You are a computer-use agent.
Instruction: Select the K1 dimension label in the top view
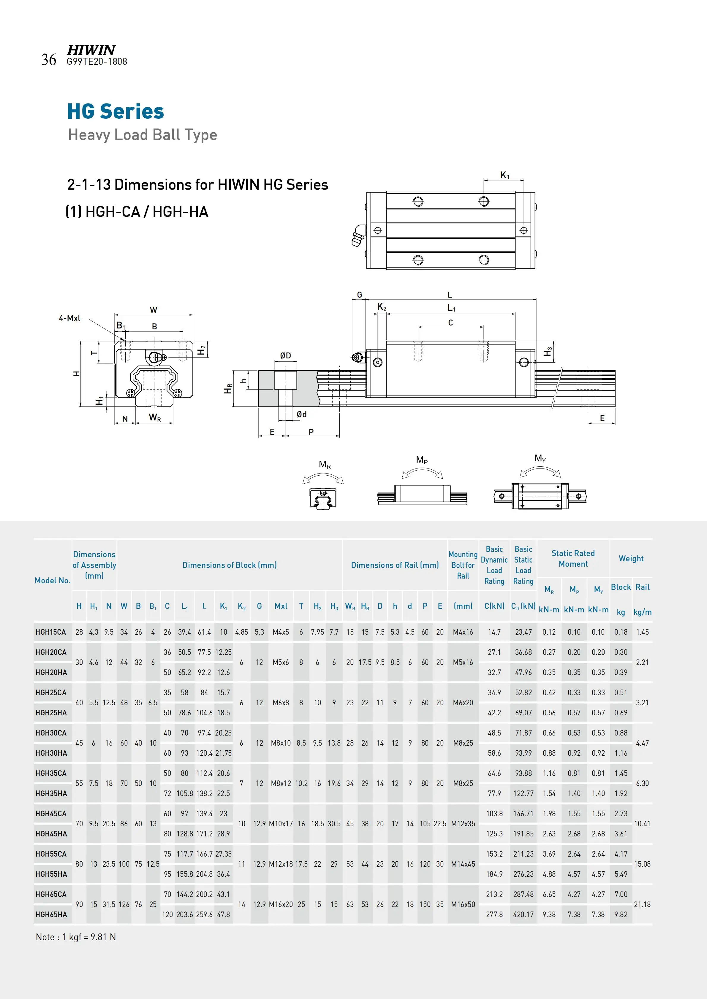(504, 175)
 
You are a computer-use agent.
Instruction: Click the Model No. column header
(52, 580)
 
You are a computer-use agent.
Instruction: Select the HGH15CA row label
(50, 632)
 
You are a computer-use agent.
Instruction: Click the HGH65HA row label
(51, 914)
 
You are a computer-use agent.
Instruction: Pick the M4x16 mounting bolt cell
(462, 632)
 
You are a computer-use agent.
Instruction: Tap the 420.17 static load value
(523, 914)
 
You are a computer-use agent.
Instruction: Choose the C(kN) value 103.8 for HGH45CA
(494, 813)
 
